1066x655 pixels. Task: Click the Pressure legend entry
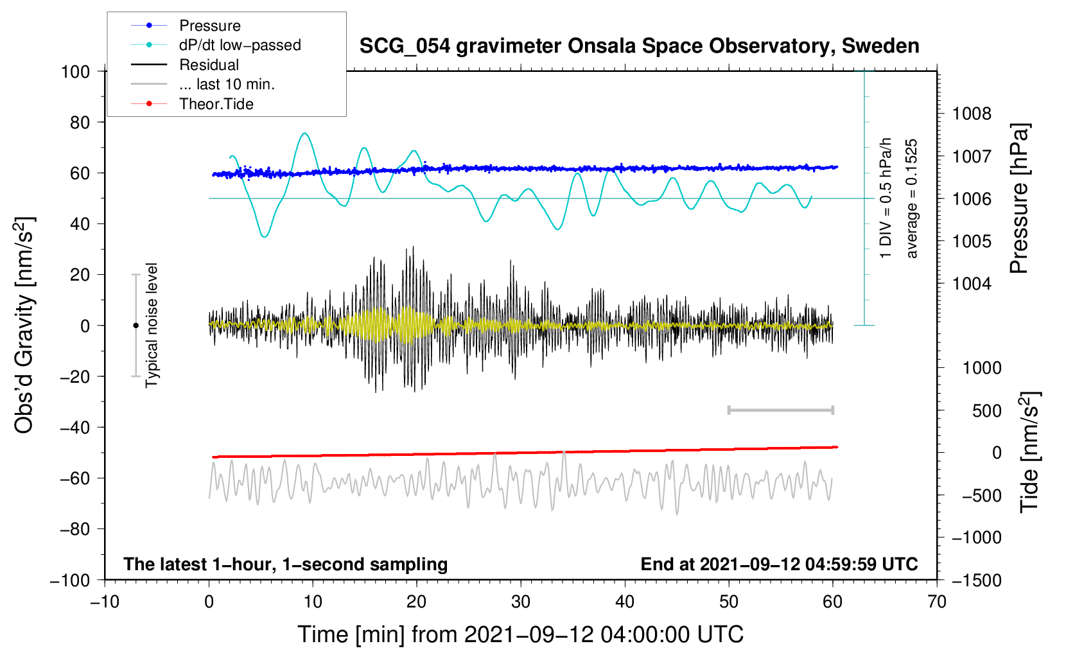point(209,26)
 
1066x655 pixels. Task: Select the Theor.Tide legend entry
point(216,104)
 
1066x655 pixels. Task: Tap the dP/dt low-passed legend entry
point(240,45)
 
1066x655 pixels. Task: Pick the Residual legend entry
point(209,65)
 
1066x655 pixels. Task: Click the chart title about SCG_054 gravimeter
point(639,46)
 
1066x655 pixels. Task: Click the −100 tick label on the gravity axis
point(71,580)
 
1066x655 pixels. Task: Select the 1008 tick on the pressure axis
point(972,114)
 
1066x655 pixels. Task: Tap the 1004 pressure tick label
point(972,284)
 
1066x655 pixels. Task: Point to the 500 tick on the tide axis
point(986,411)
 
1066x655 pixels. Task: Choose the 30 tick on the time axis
point(521,602)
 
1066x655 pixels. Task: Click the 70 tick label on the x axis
point(937,602)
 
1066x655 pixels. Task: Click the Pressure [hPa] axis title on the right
point(1019,199)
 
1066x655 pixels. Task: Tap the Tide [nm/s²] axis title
point(1029,451)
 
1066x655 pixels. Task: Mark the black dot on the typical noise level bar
point(135,326)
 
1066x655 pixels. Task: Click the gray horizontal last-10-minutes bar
point(780,410)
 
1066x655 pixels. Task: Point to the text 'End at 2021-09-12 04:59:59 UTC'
point(779,564)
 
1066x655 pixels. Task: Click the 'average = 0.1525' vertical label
point(912,198)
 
